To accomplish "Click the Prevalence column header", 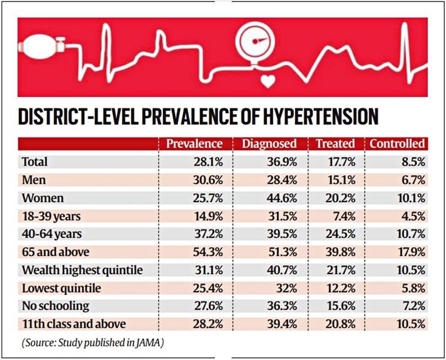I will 195,144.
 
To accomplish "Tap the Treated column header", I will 335,144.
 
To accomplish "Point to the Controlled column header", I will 397,144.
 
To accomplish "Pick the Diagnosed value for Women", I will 283,198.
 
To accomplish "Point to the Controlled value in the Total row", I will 412,162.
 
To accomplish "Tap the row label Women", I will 42,198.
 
